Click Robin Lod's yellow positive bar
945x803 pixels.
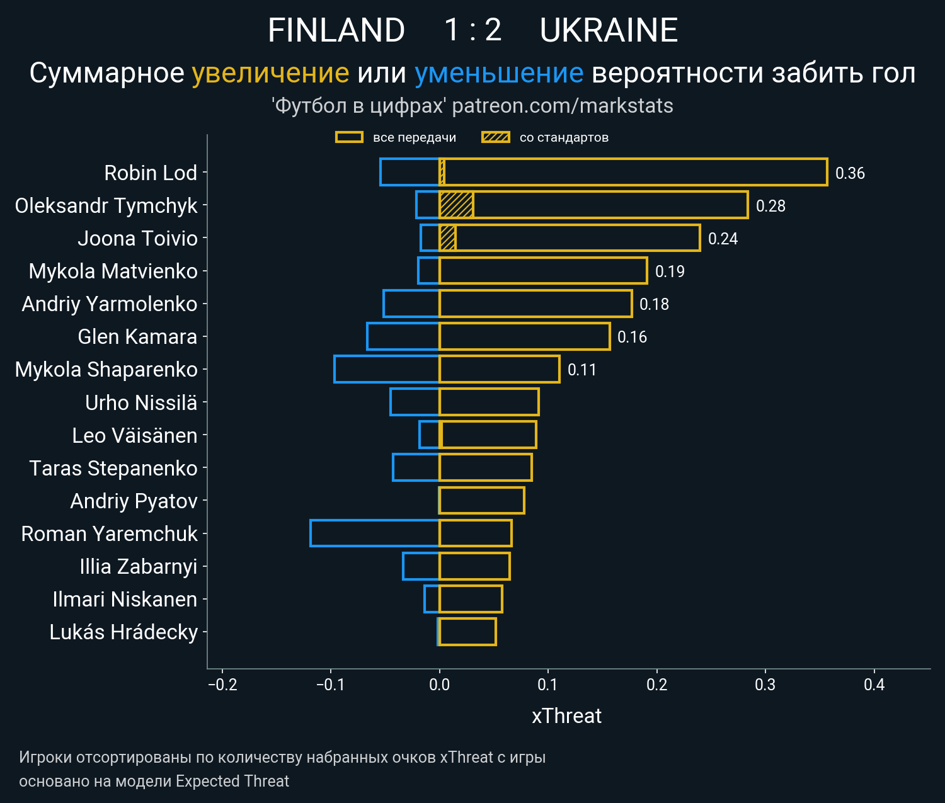click(x=633, y=173)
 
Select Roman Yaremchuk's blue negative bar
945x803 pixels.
click(x=374, y=533)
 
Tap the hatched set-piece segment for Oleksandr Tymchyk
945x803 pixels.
click(x=456, y=205)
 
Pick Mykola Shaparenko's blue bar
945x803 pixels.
click(x=386, y=369)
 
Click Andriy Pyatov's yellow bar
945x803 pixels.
click(x=481, y=501)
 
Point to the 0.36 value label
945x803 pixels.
click(x=850, y=173)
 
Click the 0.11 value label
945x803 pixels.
click(x=581, y=370)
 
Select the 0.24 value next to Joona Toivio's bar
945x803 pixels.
click(x=723, y=239)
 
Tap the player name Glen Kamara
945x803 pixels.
click(x=137, y=337)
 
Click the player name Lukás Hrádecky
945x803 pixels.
click(x=123, y=632)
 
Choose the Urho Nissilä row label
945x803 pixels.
click(x=141, y=403)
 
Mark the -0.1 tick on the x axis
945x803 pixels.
click(x=331, y=685)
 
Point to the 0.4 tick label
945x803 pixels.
click(x=874, y=685)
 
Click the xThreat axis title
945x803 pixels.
click(x=566, y=716)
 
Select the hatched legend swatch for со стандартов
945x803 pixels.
click(x=496, y=137)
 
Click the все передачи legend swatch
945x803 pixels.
click(x=349, y=137)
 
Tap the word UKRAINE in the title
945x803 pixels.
click(x=609, y=30)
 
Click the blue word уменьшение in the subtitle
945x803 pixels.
click(x=499, y=73)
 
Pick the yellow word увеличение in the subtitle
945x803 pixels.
click(x=270, y=73)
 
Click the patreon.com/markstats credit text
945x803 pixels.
click(x=563, y=106)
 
